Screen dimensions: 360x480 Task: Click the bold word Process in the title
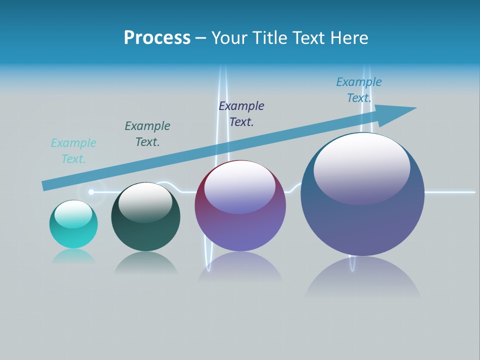click(157, 38)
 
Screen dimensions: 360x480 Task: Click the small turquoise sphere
click(73, 235)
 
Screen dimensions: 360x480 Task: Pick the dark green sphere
click(145, 230)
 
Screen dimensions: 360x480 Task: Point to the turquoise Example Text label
click(73, 151)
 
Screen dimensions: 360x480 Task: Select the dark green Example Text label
click(147, 134)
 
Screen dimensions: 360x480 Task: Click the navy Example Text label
click(241, 114)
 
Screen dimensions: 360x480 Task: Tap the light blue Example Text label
click(359, 90)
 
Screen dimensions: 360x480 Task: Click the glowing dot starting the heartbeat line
click(91, 192)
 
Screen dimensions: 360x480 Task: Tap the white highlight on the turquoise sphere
click(73, 214)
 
